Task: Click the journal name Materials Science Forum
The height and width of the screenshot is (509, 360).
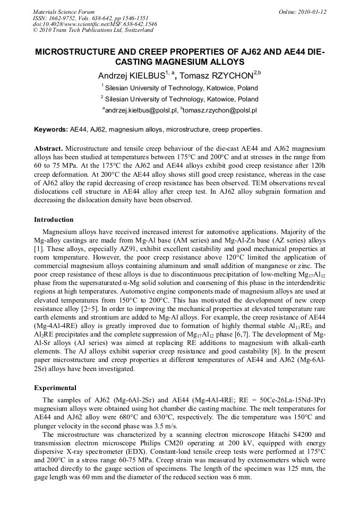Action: click(x=64, y=11)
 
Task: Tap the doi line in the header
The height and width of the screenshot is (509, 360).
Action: click(x=95, y=24)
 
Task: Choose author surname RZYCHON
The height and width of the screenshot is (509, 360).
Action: click(x=219, y=76)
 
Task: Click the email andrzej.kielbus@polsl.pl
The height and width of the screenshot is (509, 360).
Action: click(x=140, y=110)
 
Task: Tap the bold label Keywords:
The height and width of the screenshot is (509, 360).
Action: click(x=51, y=130)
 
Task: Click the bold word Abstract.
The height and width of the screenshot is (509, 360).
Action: click(x=48, y=149)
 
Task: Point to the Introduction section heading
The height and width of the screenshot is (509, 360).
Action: click(x=54, y=220)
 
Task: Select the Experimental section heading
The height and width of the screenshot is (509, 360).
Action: click(x=55, y=388)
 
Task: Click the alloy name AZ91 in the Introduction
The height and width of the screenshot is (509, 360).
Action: click(x=124, y=248)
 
